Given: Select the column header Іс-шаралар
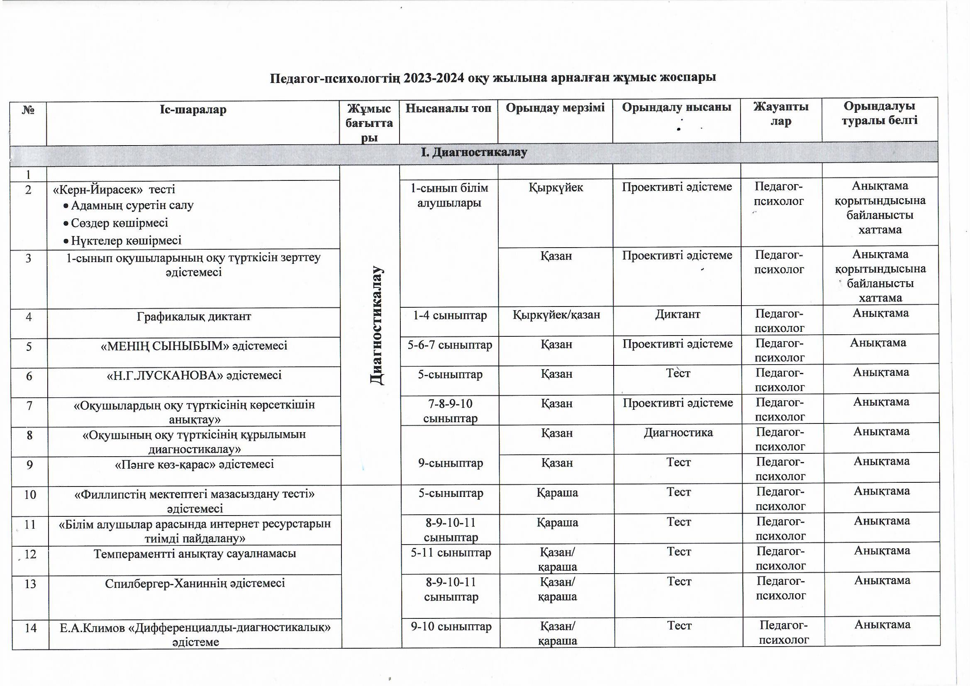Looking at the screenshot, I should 193,110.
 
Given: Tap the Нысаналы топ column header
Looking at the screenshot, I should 448,109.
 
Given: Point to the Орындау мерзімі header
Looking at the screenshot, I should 555,108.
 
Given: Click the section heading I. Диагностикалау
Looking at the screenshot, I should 474,153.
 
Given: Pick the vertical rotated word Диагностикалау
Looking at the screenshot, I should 376,325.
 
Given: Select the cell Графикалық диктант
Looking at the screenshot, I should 194,316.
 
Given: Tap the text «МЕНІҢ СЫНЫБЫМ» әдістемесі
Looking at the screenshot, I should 194,346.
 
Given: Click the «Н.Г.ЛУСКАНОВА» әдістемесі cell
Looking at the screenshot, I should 194,375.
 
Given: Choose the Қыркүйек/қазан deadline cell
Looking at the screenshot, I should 556,315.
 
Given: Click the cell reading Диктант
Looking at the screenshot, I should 677,314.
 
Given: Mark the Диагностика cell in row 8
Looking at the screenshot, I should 678,433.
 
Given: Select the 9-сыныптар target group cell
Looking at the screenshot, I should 451,463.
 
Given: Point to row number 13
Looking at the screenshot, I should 30,584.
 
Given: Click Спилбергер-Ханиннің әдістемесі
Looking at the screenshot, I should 195,584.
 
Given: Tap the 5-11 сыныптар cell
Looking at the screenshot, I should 451,552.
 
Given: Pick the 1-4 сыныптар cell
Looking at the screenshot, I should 449,315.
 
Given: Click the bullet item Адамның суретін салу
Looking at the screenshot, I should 132,206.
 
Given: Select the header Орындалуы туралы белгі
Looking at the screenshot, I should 879,113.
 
